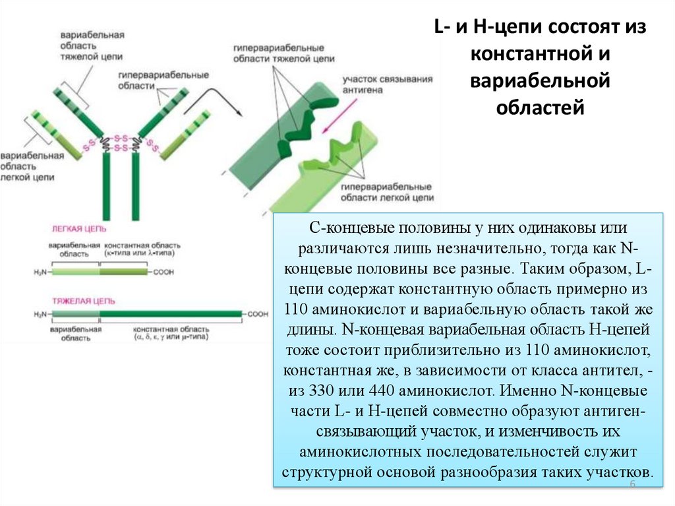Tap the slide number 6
pos(632,485)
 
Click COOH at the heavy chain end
pos(257,315)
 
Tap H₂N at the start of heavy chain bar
pos(41,315)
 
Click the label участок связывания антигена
pos(387,84)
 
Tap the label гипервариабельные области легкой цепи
pos(387,192)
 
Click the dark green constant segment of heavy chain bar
pos(171,314)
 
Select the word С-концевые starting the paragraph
pos(347,228)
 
